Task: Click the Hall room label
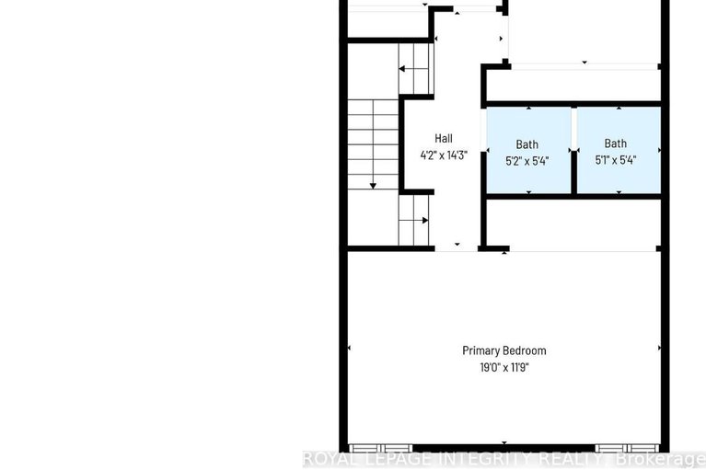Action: (x=444, y=139)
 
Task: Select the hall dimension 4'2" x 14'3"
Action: (x=444, y=155)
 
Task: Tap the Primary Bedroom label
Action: (x=504, y=350)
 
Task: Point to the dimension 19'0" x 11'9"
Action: (x=504, y=368)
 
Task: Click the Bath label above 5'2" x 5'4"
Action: (x=527, y=144)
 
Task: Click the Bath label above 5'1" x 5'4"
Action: (x=616, y=143)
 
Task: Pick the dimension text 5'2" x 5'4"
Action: (x=527, y=161)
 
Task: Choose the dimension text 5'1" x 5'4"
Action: (x=616, y=160)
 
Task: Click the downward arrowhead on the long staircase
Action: (x=373, y=186)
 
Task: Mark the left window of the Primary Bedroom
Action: (x=380, y=448)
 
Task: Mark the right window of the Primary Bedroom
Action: (x=627, y=448)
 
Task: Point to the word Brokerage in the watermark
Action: (x=661, y=460)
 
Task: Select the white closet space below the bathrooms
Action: (x=574, y=224)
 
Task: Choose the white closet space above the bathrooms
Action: (x=574, y=85)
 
